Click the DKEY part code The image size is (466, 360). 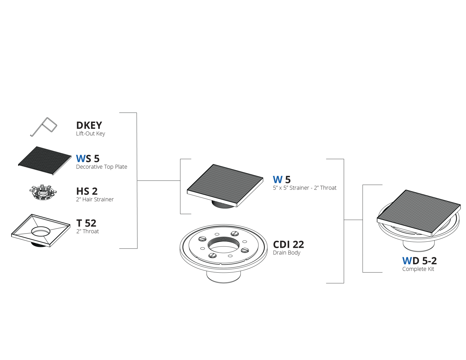[x=89, y=125]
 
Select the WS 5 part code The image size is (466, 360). [x=88, y=159]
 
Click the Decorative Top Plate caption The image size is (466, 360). [x=101, y=167]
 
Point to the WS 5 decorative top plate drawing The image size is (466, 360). [x=45, y=160]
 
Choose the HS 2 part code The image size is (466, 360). [x=87, y=191]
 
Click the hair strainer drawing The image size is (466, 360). [x=43, y=193]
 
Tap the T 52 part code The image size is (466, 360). [x=86, y=223]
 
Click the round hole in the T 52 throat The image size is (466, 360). [x=41, y=231]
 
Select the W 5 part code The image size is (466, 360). [x=282, y=180]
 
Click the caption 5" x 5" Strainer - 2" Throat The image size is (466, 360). [x=305, y=188]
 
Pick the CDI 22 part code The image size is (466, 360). [x=289, y=244]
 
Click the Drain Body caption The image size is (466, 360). [x=286, y=253]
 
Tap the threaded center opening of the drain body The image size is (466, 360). [x=224, y=245]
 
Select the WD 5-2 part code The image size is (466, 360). [x=420, y=261]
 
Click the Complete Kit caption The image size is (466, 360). [x=418, y=269]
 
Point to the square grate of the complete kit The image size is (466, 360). [x=419, y=213]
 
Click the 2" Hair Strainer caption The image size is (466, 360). [x=95, y=199]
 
